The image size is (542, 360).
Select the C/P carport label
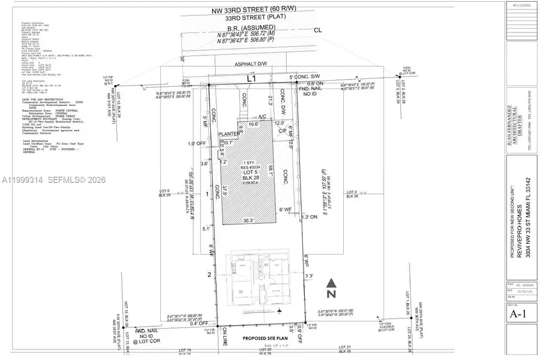coord(279,136)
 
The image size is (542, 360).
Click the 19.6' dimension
coord(254,125)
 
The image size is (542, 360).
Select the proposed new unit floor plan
coord(256,281)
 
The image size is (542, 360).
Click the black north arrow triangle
coord(330,282)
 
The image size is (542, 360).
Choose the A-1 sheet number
coord(516,313)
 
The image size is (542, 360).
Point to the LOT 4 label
coord(354,193)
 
